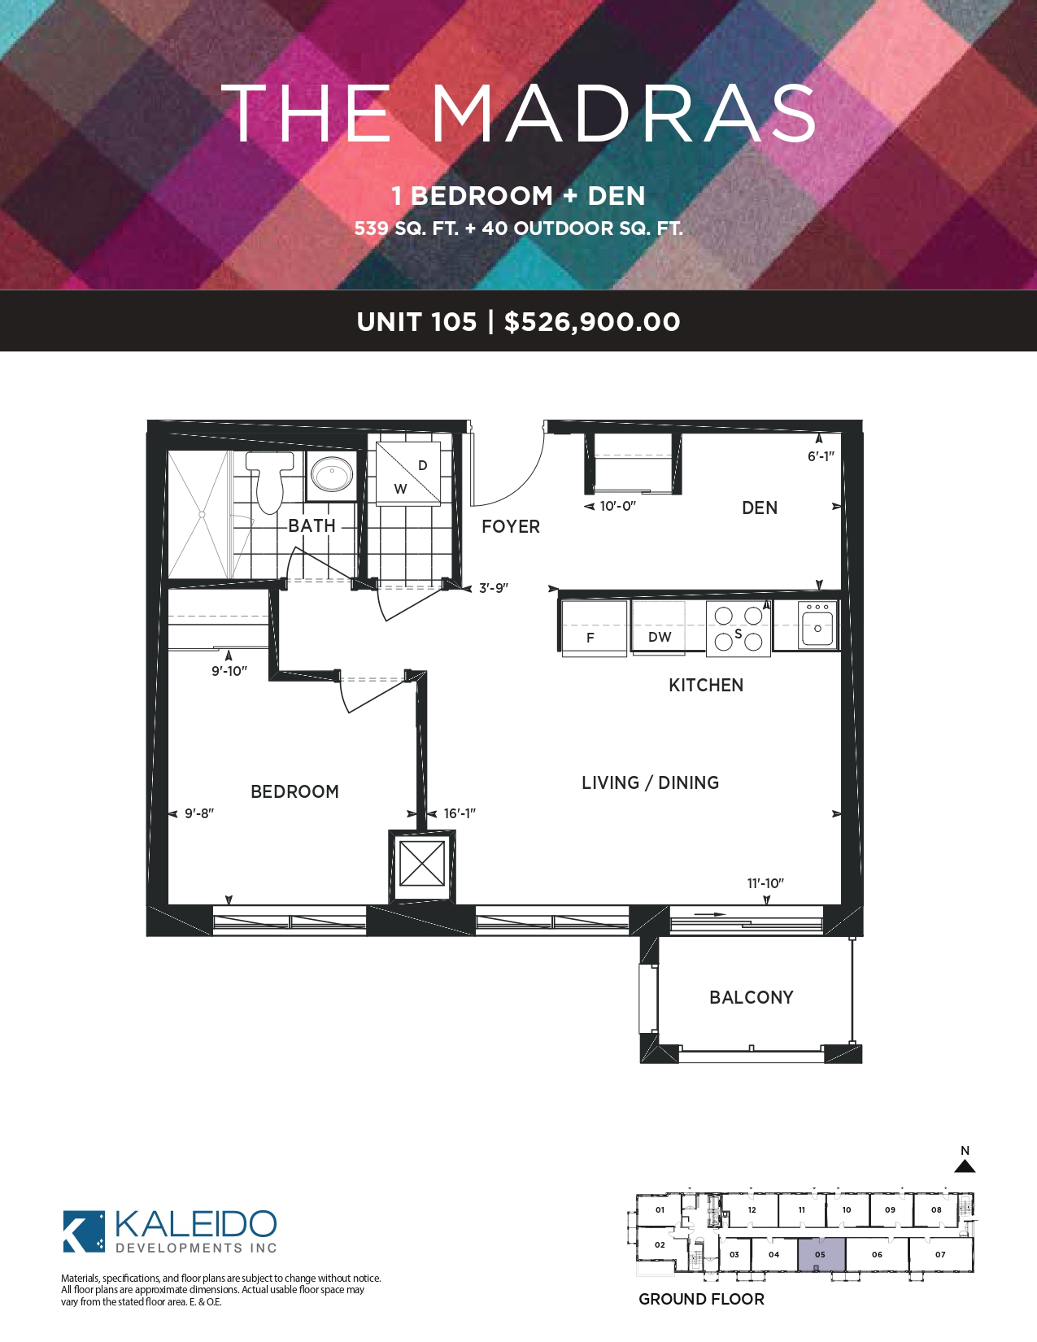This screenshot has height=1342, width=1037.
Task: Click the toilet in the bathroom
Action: click(268, 481)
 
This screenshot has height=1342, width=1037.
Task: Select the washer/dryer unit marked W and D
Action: click(408, 473)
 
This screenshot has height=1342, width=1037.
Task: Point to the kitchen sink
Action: click(817, 625)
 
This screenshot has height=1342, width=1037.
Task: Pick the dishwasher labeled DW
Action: click(658, 628)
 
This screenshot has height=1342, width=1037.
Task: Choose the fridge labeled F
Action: click(594, 628)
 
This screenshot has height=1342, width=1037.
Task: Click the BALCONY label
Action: click(751, 997)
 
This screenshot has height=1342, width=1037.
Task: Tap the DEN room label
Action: click(760, 508)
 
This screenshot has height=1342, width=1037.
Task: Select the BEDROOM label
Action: click(294, 791)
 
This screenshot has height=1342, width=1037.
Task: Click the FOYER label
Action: click(511, 526)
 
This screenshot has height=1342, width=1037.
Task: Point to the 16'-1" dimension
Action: click(460, 813)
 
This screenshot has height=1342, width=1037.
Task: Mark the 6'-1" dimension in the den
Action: click(821, 456)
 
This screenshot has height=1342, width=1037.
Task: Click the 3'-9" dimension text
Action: click(494, 588)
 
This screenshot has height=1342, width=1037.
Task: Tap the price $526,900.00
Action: click(592, 322)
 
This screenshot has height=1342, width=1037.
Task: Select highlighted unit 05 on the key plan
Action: click(821, 1254)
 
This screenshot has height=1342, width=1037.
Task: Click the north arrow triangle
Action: click(965, 1166)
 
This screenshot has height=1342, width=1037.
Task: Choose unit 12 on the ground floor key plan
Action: click(751, 1210)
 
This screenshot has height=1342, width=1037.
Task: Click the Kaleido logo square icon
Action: click(84, 1231)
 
